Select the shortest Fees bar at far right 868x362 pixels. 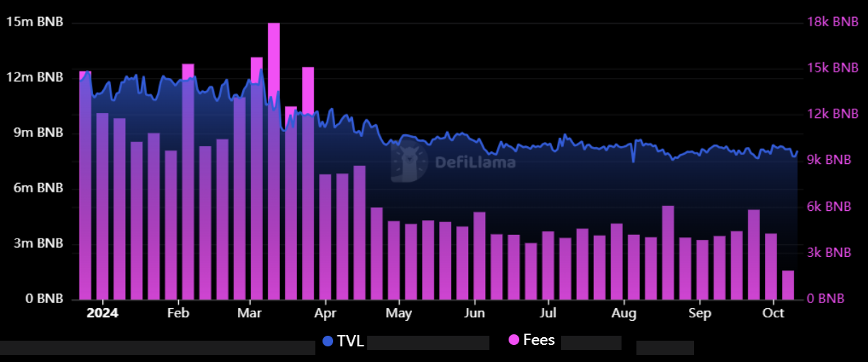click(788, 285)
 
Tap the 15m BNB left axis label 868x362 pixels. click(35, 22)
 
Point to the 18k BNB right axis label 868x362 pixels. click(832, 22)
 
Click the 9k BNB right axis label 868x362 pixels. click(829, 160)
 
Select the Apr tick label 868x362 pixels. click(325, 313)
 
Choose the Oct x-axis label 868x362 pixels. click(773, 313)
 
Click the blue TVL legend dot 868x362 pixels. click(328, 341)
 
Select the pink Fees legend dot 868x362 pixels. click(514, 341)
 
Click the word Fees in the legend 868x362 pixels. click(538, 340)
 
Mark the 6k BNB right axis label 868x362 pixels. click(829, 207)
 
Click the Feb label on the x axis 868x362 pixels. click(178, 313)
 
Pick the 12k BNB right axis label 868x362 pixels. click(832, 114)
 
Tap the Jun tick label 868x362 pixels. click(474, 313)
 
